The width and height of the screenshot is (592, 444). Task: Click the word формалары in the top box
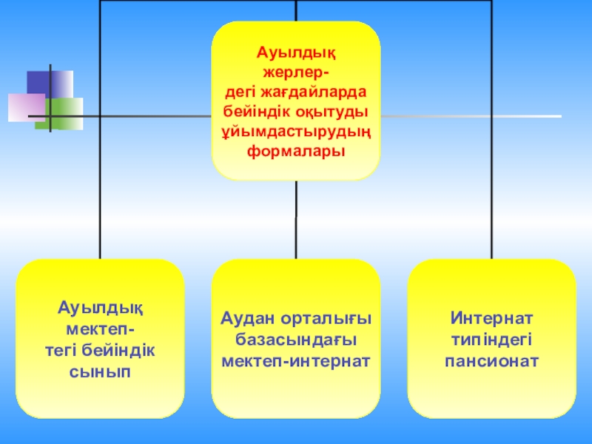point(296,150)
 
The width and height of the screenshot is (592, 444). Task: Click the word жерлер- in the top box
point(296,73)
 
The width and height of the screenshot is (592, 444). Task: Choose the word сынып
point(100,370)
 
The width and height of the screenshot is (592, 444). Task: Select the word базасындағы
point(296,340)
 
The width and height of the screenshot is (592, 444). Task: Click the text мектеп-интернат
point(296,361)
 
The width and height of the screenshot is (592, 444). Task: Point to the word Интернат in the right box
point(492,318)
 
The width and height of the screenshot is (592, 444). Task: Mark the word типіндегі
point(492,340)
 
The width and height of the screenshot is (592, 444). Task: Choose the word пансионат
point(492,361)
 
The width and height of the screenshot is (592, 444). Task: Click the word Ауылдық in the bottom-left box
point(100,307)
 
